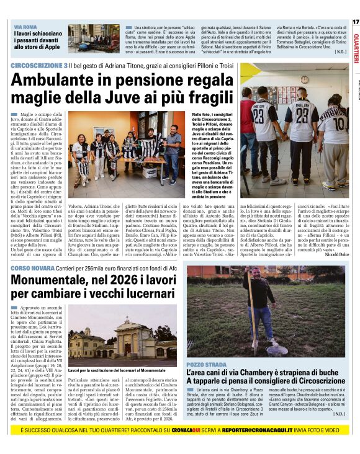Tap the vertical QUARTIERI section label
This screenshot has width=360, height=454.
coord(355,44)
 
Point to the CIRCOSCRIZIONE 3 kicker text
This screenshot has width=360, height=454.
coord(40,65)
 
